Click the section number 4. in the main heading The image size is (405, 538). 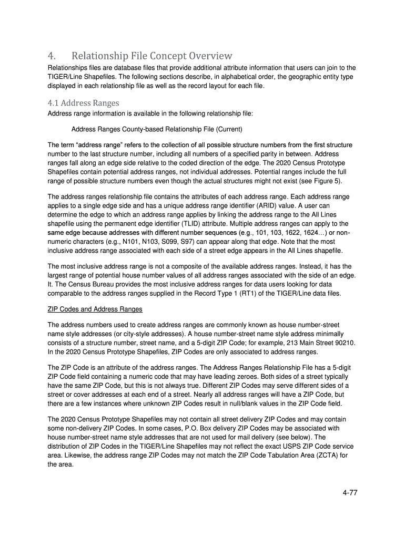pyautogui.click(x=52, y=56)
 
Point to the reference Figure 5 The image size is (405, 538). pyautogui.click(x=326, y=181)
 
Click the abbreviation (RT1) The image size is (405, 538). pyautogui.click(x=256, y=293)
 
